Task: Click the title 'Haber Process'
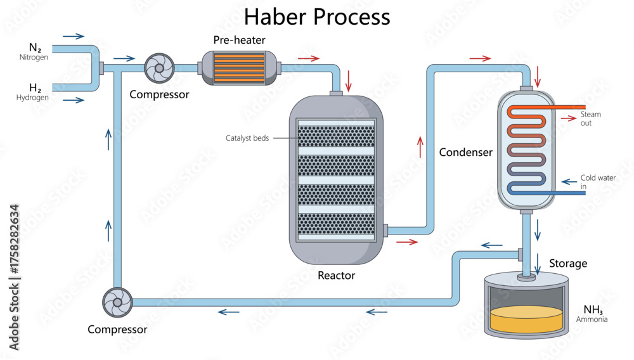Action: click(317, 16)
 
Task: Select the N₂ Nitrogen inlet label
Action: click(34, 51)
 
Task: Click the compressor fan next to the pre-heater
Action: click(158, 67)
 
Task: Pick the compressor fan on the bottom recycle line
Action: click(118, 302)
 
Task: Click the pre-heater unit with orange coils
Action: click(239, 67)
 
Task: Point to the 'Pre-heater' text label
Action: click(239, 41)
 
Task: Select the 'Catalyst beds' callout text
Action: click(247, 138)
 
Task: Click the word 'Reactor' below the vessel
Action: click(336, 275)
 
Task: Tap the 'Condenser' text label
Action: click(465, 152)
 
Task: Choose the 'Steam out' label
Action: click(590, 119)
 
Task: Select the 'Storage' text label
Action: click(567, 263)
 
